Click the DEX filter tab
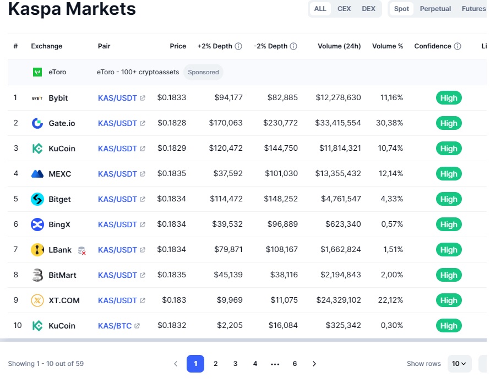368,9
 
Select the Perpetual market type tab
435,9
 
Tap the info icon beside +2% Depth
238,46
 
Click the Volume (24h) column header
339,46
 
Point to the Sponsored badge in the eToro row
203,72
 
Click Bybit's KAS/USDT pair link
117,98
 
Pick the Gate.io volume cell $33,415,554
338,123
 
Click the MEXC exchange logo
37,174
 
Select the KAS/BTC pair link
115,326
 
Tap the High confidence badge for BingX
449,225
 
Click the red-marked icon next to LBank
82,250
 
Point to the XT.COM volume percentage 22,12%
390,300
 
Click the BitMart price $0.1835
172,275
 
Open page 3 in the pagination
235,364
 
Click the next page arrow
314,364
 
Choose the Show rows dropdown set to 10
459,364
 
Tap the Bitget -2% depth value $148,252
281,199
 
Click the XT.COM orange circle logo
37,300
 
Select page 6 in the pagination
295,364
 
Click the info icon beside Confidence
458,46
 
